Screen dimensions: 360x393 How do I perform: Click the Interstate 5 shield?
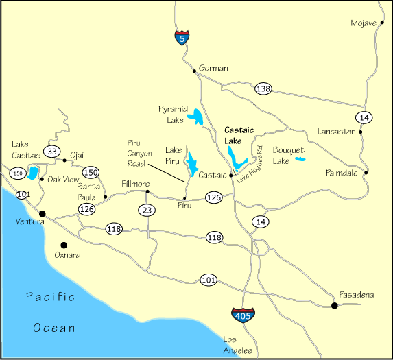point(180,38)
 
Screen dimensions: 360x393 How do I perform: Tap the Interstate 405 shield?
point(236,315)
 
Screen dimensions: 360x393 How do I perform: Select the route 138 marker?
point(263,88)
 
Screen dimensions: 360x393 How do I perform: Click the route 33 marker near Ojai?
point(52,151)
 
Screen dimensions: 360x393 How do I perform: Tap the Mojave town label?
point(363,23)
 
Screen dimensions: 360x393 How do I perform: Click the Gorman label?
point(213,68)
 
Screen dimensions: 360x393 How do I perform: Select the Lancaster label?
point(335,131)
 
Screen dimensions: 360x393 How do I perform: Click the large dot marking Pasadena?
point(335,305)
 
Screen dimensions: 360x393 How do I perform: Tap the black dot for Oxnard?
point(64,245)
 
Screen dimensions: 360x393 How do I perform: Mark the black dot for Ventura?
point(42,213)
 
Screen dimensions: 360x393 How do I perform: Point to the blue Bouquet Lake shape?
point(300,160)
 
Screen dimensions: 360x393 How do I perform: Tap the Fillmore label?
point(134,184)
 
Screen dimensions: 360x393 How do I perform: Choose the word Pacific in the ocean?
point(50,297)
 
